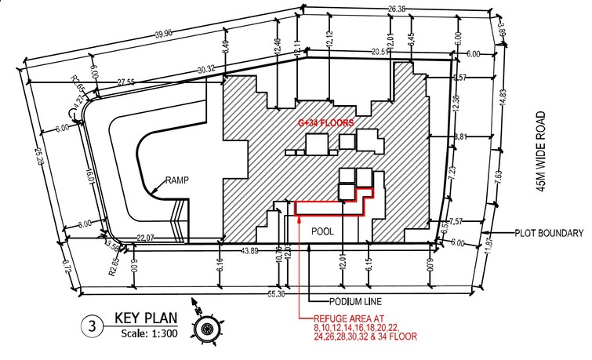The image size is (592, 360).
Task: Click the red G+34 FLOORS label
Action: click(x=325, y=123)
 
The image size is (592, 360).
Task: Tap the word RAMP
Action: click(x=177, y=180)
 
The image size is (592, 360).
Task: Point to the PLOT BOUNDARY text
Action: click(x=549, y=233)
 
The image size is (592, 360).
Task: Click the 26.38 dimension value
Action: click(x=398, y=9)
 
